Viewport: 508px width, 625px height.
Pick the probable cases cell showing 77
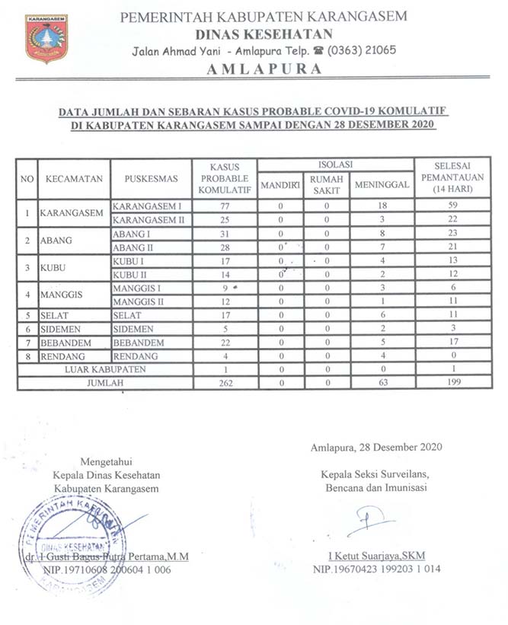224,206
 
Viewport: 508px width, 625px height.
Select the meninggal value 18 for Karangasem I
382,206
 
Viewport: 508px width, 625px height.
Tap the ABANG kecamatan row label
58,241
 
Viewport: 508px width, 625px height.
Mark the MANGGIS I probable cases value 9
224,289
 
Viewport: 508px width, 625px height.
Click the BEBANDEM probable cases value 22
224,343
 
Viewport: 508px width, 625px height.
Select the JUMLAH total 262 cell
224,384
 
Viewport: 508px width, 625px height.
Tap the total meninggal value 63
382,384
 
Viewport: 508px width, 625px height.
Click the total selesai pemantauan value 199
452,384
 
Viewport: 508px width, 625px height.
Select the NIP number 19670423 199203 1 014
375,569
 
